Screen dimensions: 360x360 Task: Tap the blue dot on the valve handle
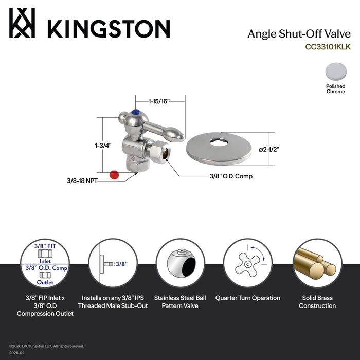pos(136,112)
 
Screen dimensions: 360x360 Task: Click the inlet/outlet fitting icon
pos(45,264)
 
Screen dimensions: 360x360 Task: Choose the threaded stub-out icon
pos(112,264)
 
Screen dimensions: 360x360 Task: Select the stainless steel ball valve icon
pos(180,264)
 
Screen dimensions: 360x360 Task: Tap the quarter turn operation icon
pos(247,264)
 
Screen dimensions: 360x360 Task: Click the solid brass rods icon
pos(315,264)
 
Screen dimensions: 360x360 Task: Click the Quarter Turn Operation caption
pos(247,298)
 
